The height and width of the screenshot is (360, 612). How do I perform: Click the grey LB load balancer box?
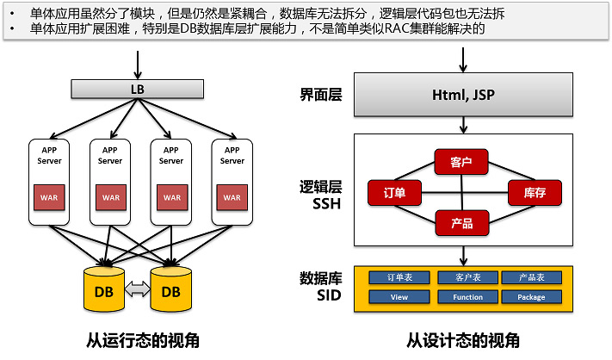click(136, 90)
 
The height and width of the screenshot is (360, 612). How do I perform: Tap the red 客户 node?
click(462, 161)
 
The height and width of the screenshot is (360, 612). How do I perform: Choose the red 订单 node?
click(393, 192)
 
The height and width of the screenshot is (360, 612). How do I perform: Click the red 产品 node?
click(462, 223)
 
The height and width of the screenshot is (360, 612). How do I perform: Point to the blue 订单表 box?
click(399, 277)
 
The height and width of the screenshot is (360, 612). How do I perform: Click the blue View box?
click(399, 296)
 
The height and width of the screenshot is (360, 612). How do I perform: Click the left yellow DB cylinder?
click(105, 289)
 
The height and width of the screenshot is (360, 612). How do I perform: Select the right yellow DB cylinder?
click(171, 289)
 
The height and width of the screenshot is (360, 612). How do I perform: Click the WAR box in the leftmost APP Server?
click(50, 196)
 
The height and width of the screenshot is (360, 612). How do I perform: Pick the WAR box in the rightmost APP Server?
click(232, 196)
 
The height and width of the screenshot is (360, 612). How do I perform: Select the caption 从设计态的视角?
click(464, 339)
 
